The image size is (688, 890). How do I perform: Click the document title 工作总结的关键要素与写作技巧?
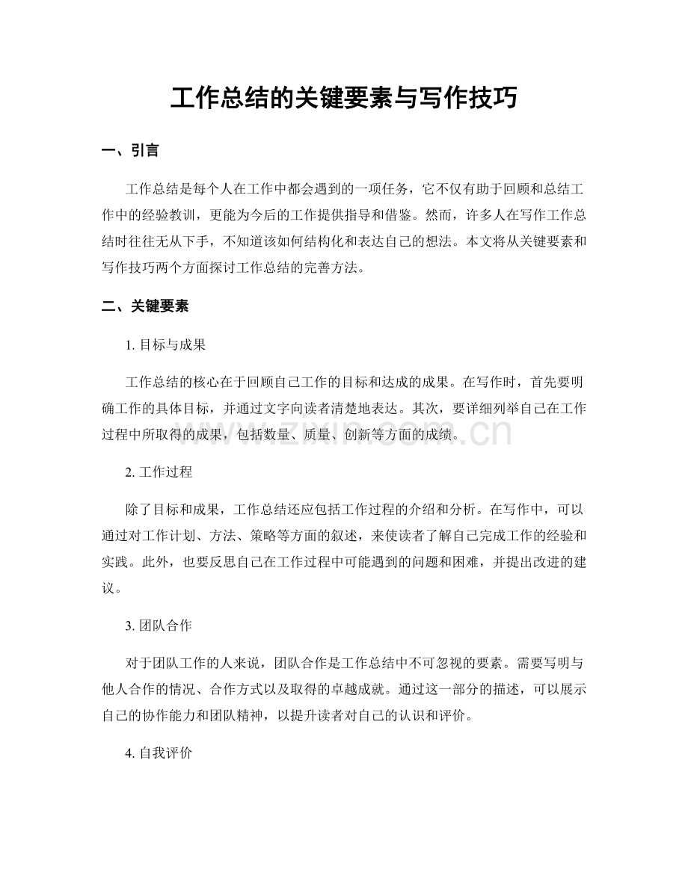point(343,98)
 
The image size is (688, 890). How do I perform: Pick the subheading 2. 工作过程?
point(160,472)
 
